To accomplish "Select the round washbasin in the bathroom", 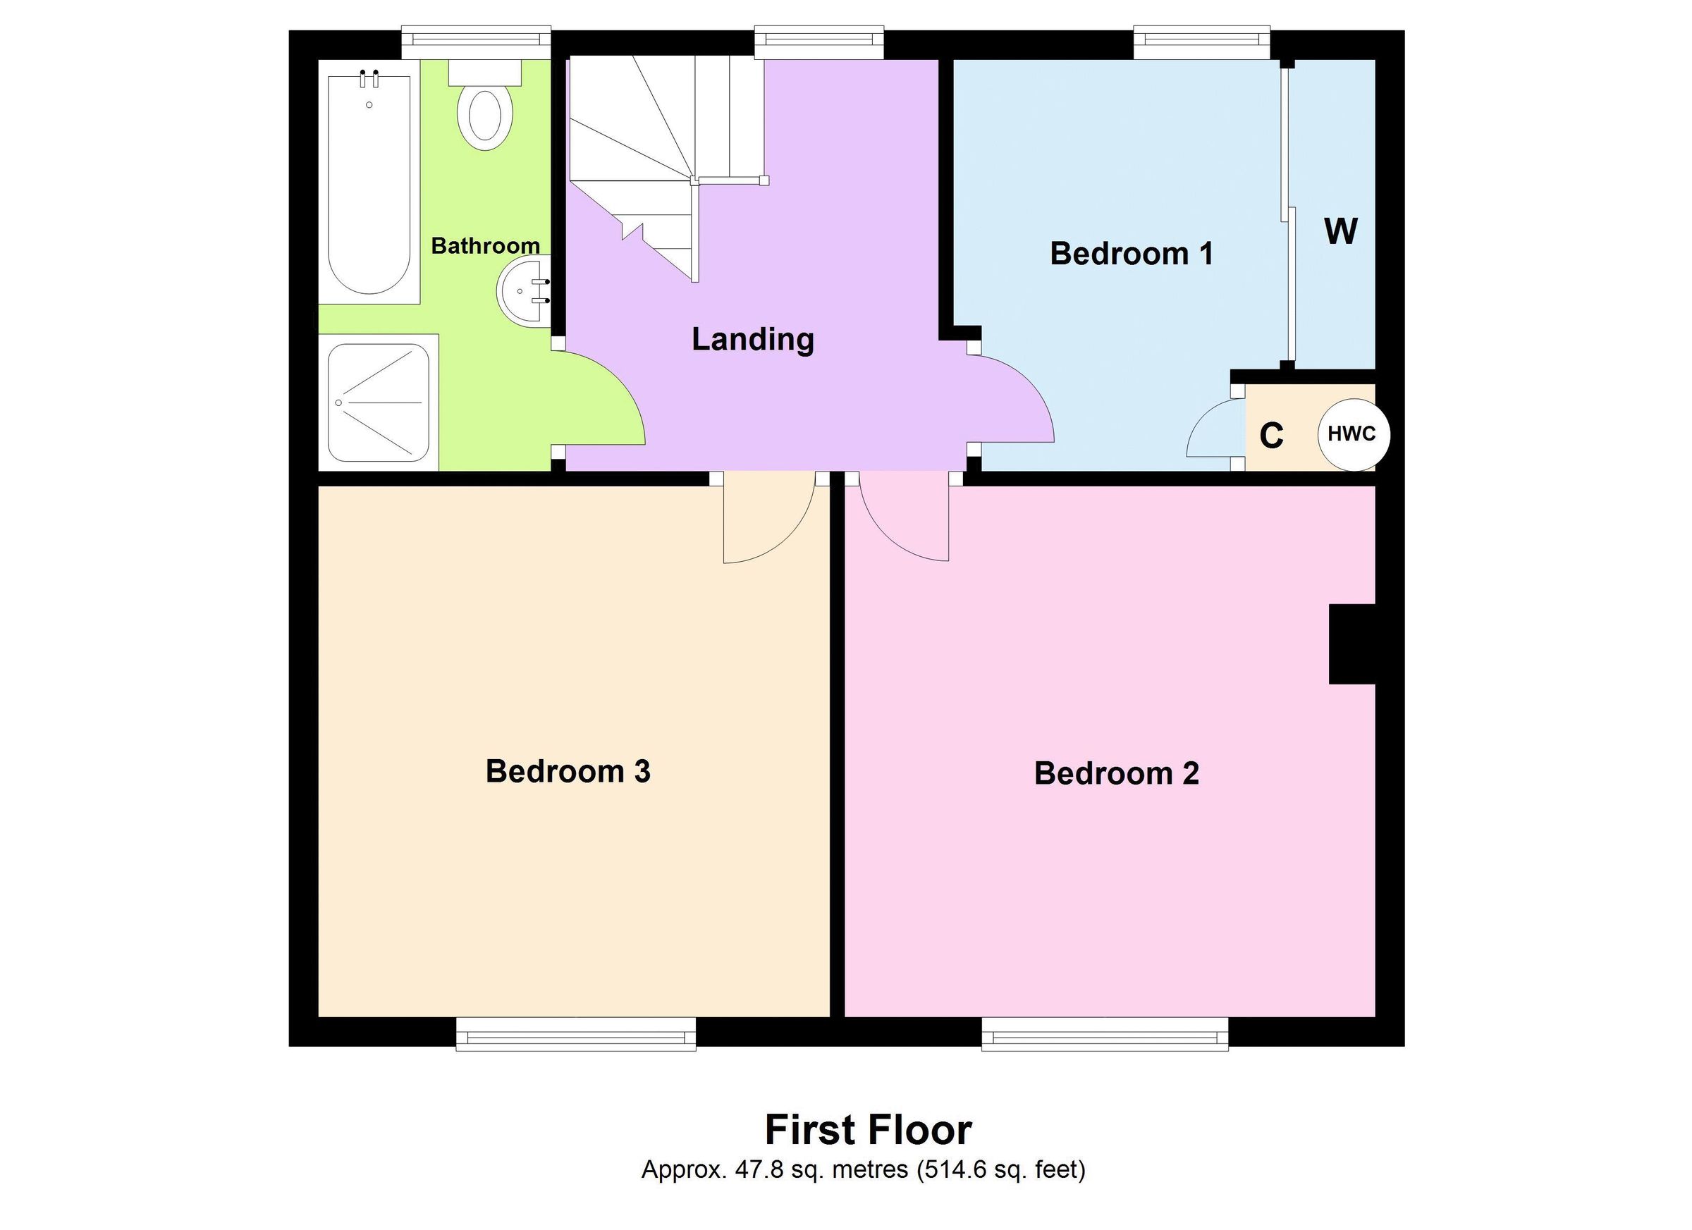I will coord(524,291).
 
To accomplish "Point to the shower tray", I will coord(379,402).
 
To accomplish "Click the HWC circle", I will coord(1354,434).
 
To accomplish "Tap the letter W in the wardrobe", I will coord(1340,231).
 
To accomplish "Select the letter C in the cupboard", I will coord(1271,436).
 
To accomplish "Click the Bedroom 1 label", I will coord(1131,254).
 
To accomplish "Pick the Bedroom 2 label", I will coord(1116,773).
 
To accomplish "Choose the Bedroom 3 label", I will coord(568,771).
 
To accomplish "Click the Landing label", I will coord(752,339).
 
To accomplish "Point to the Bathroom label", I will coord(485,245).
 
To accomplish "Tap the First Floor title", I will coord(868,1130).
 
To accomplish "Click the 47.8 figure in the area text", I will coord(759,1169).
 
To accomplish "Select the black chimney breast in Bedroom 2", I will coord(1351,644).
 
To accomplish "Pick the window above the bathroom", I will coord(476,42).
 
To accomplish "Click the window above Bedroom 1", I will coord(1201,42).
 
